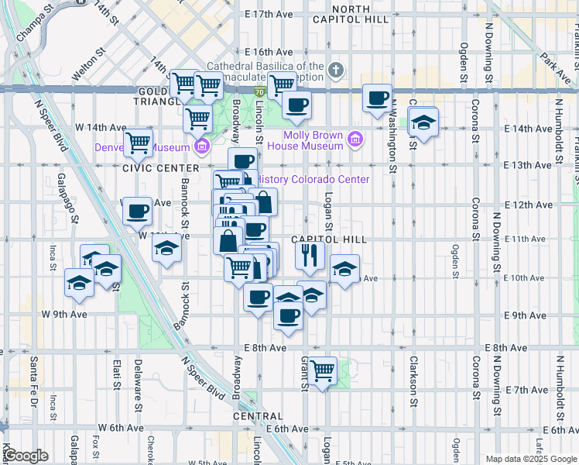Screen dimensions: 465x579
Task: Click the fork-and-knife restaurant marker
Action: [310, 255]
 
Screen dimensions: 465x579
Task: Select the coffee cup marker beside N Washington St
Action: [377, 98]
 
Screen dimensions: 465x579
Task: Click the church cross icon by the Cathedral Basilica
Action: [334, 71]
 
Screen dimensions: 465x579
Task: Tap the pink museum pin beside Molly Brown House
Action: [355, 140]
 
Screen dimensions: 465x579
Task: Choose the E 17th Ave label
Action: [269, 15]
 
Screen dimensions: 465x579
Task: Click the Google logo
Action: [26, 456]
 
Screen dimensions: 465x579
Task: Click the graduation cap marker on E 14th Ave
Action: [423, 122]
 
